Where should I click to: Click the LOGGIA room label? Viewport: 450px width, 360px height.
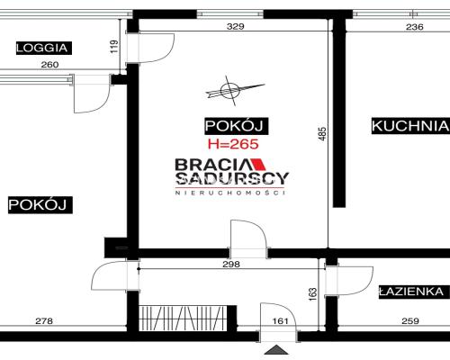44,48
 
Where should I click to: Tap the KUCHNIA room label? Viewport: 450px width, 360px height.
410,126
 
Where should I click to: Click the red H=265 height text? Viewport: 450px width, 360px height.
233,144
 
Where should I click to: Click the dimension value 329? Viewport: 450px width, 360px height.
236,26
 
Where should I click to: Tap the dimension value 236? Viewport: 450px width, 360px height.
415,27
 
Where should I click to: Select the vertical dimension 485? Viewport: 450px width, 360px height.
322,134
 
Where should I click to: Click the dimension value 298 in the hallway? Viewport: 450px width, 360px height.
231,264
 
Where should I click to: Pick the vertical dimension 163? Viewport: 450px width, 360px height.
312,294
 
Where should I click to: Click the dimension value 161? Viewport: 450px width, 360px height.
281,321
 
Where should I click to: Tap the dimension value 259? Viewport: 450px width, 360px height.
410,321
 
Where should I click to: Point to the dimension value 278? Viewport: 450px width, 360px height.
44,321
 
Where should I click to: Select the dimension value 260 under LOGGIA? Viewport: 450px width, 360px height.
49,65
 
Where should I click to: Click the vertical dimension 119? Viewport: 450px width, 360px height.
114,47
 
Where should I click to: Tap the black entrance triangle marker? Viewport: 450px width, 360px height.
276,350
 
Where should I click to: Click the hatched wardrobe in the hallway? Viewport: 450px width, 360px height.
183,318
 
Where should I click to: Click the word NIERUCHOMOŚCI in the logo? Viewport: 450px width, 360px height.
229,193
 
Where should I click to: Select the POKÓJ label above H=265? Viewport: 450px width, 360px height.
237,126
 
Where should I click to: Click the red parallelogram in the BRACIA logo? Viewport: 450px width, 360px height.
258,164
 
